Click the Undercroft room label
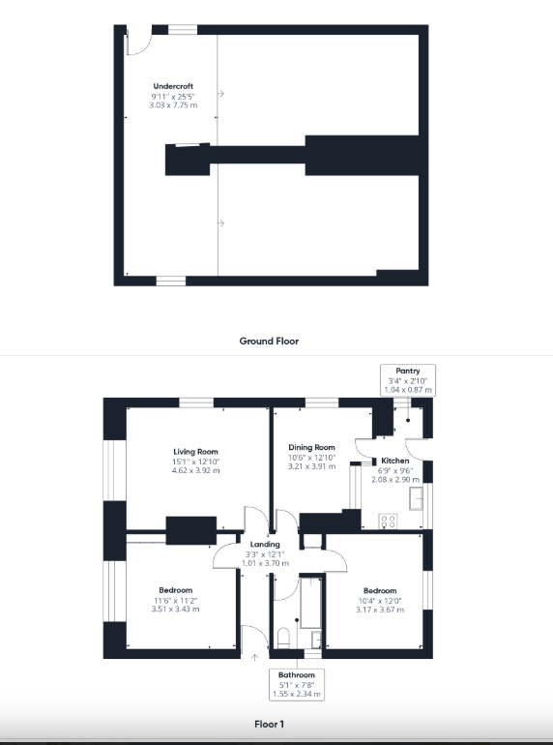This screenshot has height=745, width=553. point(173,86)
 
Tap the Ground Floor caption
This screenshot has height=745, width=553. point(269,341)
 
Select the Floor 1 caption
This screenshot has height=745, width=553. point(269,724)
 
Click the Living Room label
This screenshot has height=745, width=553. point(195,452)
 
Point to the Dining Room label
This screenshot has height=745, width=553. point(312,447)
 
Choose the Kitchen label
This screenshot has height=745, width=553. point(395,461)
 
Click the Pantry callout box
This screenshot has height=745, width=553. point(408,380)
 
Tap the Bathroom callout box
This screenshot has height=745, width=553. point(297,684)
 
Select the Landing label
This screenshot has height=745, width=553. point(265,544)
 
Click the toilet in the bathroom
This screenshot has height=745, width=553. point(283,638)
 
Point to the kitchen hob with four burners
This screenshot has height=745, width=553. point(388,521)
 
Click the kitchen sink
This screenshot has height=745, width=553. point(416,498)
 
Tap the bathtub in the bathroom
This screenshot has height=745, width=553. point(311,603)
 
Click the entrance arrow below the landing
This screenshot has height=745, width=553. point(255,657)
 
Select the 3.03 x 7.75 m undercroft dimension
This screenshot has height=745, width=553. point(173,105)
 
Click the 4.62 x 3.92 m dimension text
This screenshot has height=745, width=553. point(195,470)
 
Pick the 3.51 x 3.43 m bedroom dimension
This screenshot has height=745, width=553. point(175,610)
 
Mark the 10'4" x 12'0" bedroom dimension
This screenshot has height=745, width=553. point(380,601)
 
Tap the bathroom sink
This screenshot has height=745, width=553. point(316,640)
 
